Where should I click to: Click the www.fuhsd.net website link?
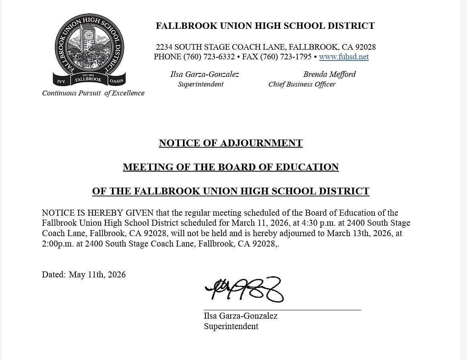tap(344, 57)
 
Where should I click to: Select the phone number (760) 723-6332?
tap(209, 57)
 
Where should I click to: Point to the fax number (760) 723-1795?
tap(286, 57)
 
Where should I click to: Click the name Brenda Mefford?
tap(329, 74)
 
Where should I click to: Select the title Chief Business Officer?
tap(302, 84)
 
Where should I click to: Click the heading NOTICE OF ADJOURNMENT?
tap(231, 143)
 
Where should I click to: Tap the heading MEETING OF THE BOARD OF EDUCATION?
tap(231, 167)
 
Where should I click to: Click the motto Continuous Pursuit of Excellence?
tap(93, 93)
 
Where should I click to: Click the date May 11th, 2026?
tap(97, 275)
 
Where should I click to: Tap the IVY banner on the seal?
tap(61, 81)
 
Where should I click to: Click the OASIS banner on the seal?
tap(116, 81)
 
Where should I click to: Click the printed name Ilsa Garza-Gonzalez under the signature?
tap(240, 316)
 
